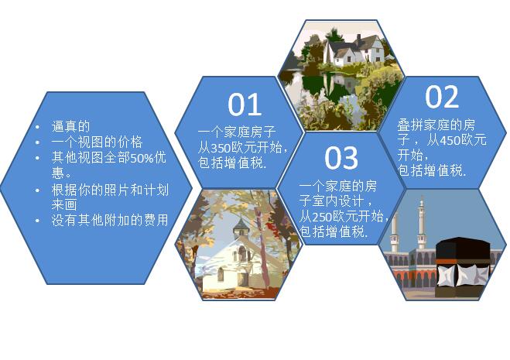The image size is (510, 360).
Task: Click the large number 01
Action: [245, 105]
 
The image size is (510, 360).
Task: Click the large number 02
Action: [442, 97]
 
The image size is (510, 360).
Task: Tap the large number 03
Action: [341, 158]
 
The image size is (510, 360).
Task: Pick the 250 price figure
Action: [322, 217]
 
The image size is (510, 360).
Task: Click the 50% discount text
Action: [142, 158]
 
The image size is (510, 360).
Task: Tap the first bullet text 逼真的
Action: [70, 126]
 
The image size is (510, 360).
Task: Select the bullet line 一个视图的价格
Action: [97, 142]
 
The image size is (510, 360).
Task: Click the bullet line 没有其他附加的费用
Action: [110, 220]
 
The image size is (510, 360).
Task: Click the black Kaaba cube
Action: [462, 267]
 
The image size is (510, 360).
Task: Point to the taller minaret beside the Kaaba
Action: [422, 223]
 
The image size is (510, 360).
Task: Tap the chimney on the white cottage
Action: [359, 40]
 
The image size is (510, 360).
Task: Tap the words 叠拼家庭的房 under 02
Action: [436, 125]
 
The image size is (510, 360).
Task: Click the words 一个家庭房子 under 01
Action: [237, 132]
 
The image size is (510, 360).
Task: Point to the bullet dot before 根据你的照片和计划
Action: [38, 190]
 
